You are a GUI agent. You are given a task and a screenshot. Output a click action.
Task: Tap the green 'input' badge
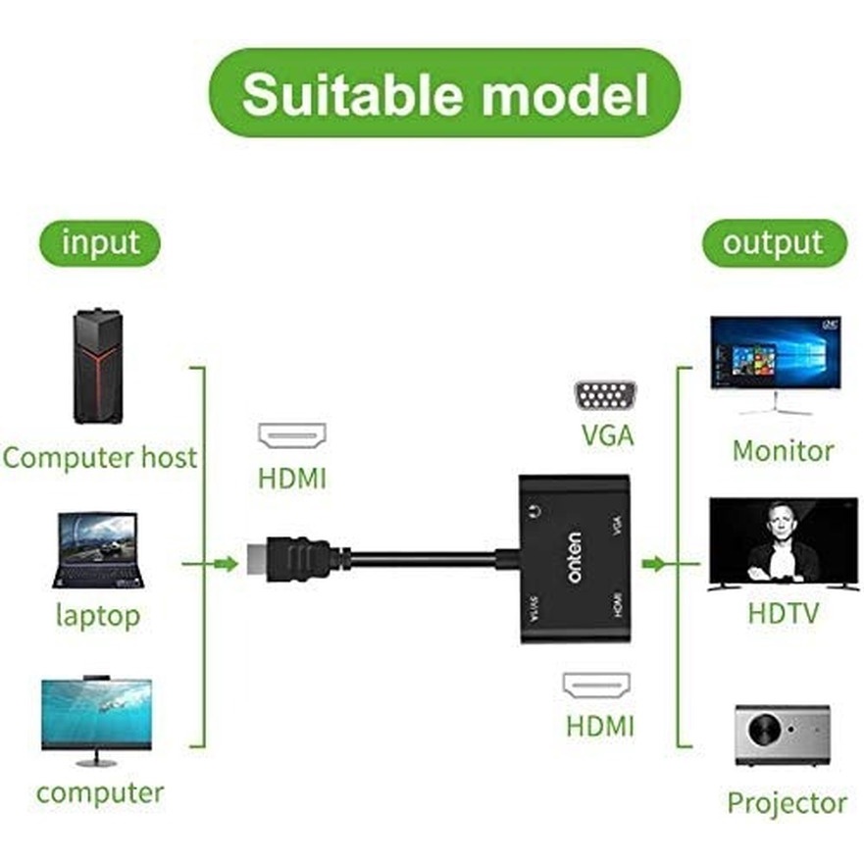(100, 243)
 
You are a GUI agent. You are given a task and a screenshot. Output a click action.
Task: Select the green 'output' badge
(773, 243)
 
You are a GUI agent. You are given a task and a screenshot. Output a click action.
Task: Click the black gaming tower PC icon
(98, 366)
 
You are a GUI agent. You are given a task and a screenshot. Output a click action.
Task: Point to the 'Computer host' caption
(100, 457)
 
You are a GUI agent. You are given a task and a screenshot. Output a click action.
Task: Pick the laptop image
(98, 549)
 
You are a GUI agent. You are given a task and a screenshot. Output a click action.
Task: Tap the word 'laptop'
(98, 616)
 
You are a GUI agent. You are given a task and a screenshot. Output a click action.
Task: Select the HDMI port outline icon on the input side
(292, 435)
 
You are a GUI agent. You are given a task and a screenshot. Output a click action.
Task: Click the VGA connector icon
(605, 396)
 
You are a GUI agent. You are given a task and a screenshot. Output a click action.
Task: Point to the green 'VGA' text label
(607, 435)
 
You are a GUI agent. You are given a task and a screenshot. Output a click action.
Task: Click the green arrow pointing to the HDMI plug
(226, 563)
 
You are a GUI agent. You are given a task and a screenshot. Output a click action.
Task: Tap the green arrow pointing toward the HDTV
(653, 563)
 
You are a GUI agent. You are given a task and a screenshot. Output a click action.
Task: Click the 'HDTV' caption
(783, 614)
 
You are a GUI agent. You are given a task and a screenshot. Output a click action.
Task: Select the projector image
(782, 734)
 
